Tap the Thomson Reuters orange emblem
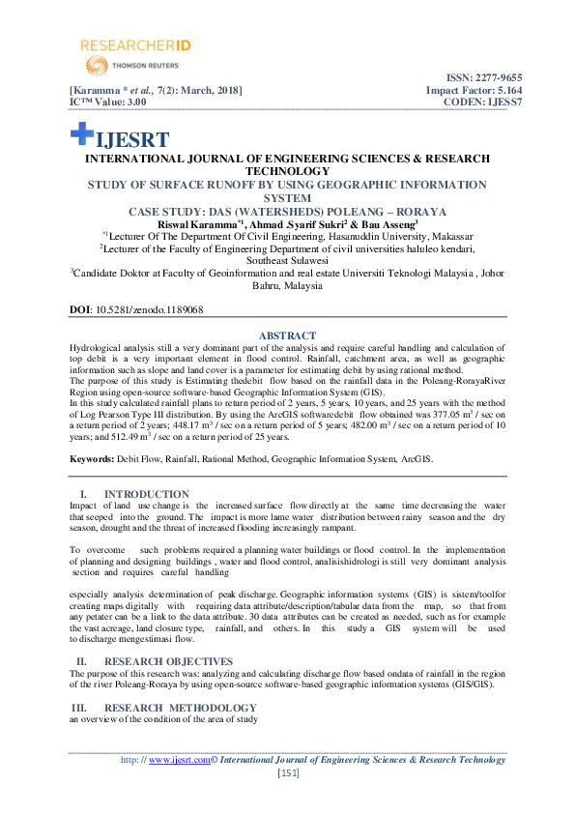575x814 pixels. pyautogui.click(x=96, y=66)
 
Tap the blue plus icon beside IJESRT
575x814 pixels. pyautogui.click(x=80, y=137)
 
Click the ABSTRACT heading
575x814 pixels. pyautogui.click(x=287, y=336)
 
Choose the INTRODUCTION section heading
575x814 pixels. pyautogui.click(x=146, y=494)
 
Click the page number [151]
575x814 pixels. pyautogui.click(x=288, y=772)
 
